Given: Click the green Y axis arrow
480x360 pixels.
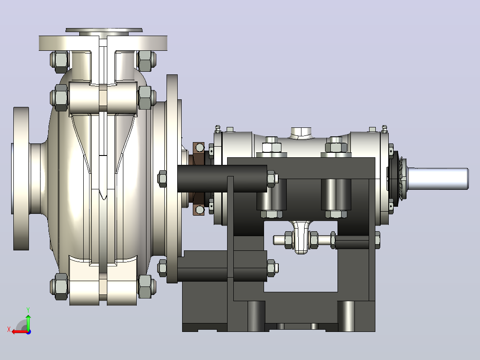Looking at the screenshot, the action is (x=28, y=320).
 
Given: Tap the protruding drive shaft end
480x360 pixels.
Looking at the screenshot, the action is (x=438, y=179).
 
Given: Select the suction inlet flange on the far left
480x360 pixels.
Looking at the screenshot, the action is (x=21, y=179).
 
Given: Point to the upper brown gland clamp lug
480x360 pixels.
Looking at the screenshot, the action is (x=199, y=149).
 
